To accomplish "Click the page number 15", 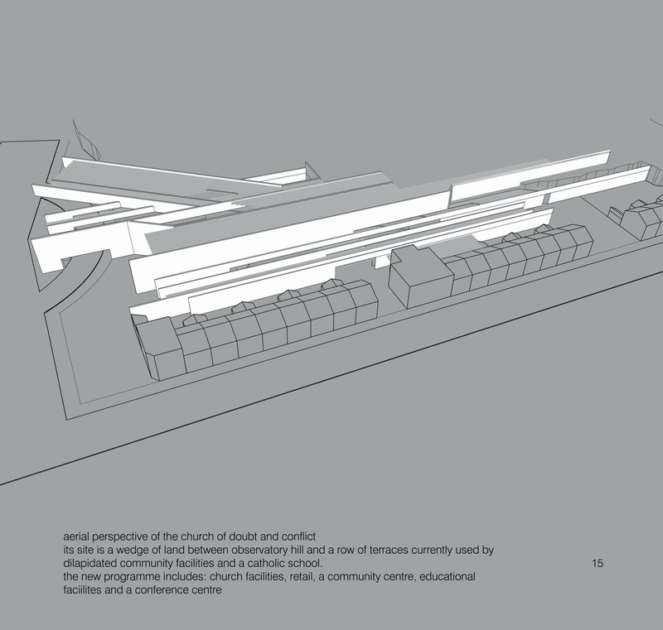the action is click(598, 563).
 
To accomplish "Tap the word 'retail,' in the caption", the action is click(302, 577).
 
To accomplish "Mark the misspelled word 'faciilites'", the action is click(82, 590).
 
